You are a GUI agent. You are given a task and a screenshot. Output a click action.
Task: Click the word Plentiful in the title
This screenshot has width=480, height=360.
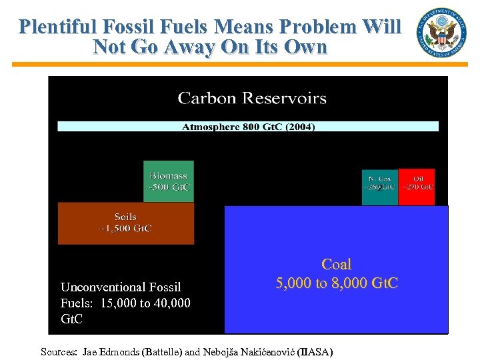58,27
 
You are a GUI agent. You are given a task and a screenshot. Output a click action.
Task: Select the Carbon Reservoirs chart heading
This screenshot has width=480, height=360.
252,99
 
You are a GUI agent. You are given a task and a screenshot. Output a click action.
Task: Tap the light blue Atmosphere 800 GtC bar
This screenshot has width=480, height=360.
248,126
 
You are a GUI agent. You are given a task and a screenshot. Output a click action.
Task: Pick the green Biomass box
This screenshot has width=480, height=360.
169,181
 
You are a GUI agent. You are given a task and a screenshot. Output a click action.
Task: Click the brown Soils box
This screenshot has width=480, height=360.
125,223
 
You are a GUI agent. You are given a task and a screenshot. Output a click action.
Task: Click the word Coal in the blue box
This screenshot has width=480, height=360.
336,265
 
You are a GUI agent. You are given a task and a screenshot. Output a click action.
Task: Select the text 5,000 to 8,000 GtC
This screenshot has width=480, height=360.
337,283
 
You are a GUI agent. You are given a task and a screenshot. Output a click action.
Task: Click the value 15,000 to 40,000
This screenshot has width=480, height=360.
147,303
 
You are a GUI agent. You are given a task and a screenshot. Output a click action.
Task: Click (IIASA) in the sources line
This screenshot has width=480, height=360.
315,351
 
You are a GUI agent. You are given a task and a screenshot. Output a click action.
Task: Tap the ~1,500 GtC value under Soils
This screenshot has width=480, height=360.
125,229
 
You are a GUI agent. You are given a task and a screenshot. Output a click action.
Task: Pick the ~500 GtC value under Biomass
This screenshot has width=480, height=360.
169,187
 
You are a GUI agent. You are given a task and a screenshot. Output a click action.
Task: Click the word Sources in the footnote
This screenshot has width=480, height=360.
59,351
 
